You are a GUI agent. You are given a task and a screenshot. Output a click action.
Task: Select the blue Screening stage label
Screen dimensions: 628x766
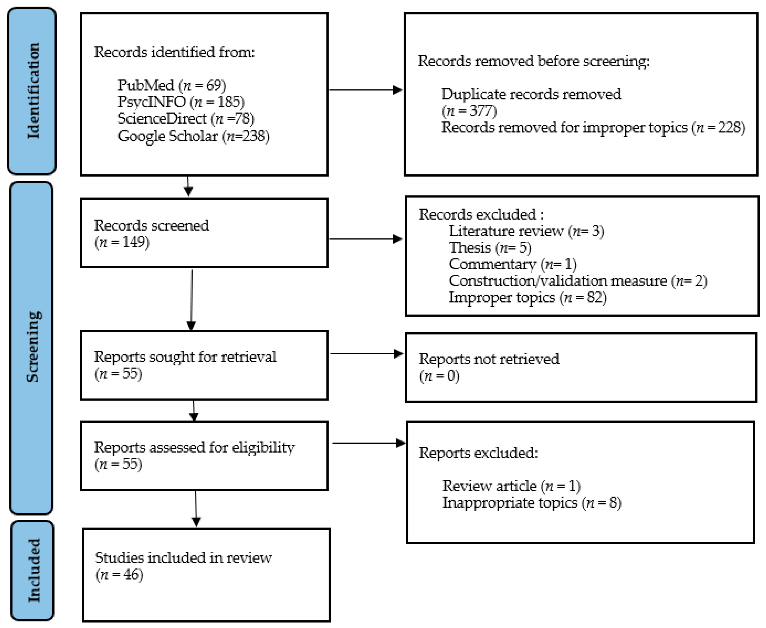coord(32,347)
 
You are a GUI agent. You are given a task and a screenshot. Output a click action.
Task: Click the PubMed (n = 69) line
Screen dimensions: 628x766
coord(172,85)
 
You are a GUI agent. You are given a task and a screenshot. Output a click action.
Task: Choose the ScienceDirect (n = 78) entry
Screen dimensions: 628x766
coord(186,118)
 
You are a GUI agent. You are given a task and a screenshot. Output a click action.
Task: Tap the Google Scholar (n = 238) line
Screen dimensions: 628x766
coord(193,136)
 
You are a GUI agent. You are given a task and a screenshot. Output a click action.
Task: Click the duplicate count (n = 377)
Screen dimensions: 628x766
coord(469,110)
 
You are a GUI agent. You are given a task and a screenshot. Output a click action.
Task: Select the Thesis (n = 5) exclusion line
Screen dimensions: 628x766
coord(490,247)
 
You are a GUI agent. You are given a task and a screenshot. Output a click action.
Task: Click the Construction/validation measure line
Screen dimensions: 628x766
coord(578,281)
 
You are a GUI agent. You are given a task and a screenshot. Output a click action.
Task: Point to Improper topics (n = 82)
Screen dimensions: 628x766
coord(527,297)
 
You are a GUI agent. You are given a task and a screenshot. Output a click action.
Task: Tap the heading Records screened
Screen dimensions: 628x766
coord(151,225)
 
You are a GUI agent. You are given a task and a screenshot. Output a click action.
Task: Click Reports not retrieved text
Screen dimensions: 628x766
coord(489,359)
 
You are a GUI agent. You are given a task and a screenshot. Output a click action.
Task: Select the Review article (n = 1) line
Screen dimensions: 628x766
coord(511,486)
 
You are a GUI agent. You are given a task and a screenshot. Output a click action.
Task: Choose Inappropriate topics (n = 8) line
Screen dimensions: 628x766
coord(531,502)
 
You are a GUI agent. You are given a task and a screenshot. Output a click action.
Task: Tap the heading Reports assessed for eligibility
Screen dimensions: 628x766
coord(194,448)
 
